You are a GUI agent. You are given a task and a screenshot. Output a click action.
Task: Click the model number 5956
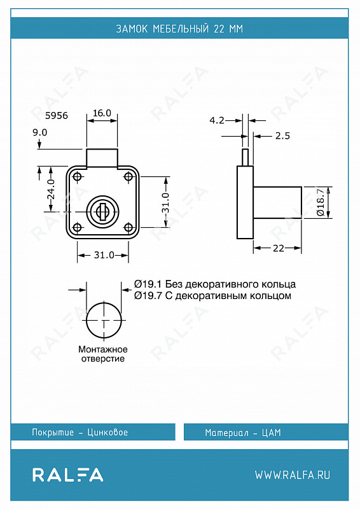57,116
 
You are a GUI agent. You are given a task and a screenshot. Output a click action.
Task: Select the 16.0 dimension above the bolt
102,113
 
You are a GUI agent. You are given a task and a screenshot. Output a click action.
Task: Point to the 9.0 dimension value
40,132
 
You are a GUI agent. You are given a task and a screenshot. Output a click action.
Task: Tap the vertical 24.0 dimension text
52,189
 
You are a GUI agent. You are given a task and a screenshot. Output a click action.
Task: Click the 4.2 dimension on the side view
217,120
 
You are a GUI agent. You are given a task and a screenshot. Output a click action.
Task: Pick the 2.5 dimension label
282,136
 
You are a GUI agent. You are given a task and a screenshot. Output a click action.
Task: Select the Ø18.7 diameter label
321,202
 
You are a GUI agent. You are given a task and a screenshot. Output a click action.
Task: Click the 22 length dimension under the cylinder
279,248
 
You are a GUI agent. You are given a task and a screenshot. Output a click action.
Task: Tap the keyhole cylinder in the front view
102,211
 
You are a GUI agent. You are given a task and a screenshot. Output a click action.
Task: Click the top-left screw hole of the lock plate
77,177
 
